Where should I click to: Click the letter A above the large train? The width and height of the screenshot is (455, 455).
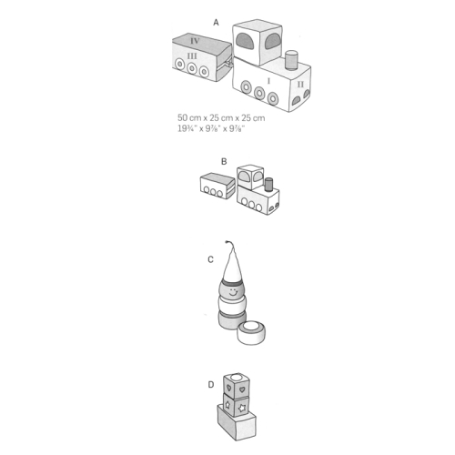click(216, 23)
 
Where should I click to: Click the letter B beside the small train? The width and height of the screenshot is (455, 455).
click(224, 162)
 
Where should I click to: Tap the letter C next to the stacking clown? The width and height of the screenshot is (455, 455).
click(211, 259)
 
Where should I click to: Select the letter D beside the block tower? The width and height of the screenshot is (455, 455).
click(211, 385)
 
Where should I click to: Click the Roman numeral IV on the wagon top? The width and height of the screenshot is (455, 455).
click(195, 41)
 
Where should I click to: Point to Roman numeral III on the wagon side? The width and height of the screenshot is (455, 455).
click(192, 56)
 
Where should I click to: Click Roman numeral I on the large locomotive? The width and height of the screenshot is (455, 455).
click(268, 81)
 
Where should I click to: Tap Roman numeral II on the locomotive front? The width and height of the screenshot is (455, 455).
click(300, 84)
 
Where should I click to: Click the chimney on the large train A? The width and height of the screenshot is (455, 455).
click(291, 60)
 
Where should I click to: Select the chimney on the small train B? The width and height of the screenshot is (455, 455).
click(268, 185)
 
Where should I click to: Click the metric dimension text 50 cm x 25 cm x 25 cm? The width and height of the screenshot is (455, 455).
click(221, 117)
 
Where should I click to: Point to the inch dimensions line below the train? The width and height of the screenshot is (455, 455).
click(211, 128)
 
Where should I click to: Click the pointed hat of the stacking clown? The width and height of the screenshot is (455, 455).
click(232, 265)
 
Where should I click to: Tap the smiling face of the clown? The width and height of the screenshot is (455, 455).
click(233, 293)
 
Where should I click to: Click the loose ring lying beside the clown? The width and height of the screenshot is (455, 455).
click(252, 333)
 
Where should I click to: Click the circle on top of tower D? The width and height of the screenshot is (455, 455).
click(238, 378)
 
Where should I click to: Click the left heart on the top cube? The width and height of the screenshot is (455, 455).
click(229, 388)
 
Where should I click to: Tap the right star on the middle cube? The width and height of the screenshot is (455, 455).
click(242, 409)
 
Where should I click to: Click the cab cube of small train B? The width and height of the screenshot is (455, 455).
click(250, 177)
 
